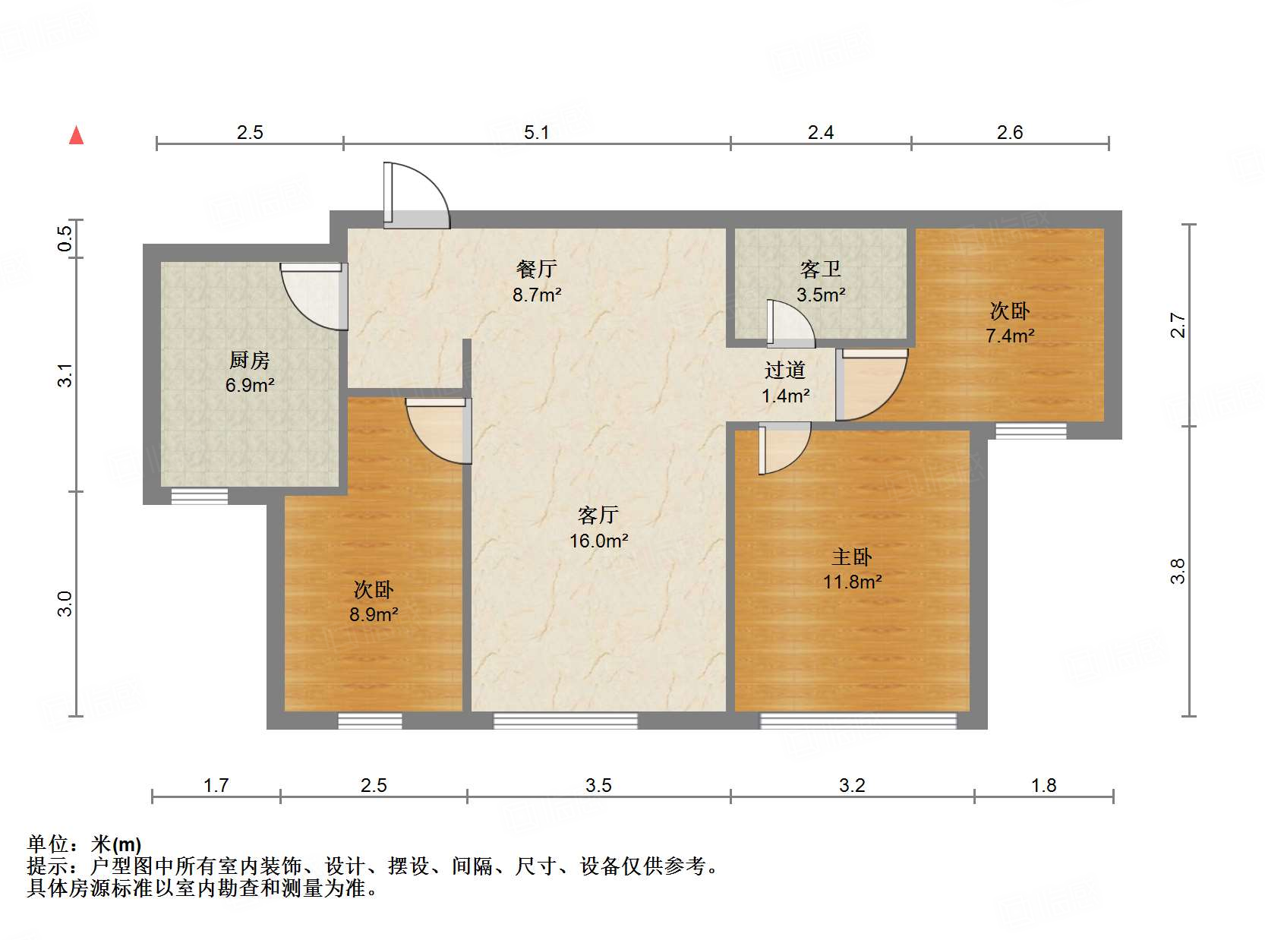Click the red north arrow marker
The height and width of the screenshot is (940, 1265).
[76, 135]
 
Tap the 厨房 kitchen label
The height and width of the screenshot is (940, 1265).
[249, 359]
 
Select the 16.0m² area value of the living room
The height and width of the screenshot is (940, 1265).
[598, 541]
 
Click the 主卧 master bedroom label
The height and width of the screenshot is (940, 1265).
[852, 557]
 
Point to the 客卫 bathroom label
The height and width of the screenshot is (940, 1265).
[820, 269]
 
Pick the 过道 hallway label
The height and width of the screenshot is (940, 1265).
[785, 370]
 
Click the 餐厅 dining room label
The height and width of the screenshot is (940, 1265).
[536, 268]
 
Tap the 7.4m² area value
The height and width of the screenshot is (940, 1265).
[1010, 336]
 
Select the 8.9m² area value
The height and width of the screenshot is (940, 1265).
[374, 614]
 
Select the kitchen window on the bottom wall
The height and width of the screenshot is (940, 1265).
[199, 496]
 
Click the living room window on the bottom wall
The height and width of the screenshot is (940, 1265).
[566, 721]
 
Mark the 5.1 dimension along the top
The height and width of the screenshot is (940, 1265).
[536, 133]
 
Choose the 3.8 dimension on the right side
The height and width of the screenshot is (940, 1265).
[1177, 571]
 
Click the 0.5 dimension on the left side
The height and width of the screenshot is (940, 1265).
[66, 238]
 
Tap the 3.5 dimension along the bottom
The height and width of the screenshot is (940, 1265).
[598, 785]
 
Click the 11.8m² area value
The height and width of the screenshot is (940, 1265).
[852, 582]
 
